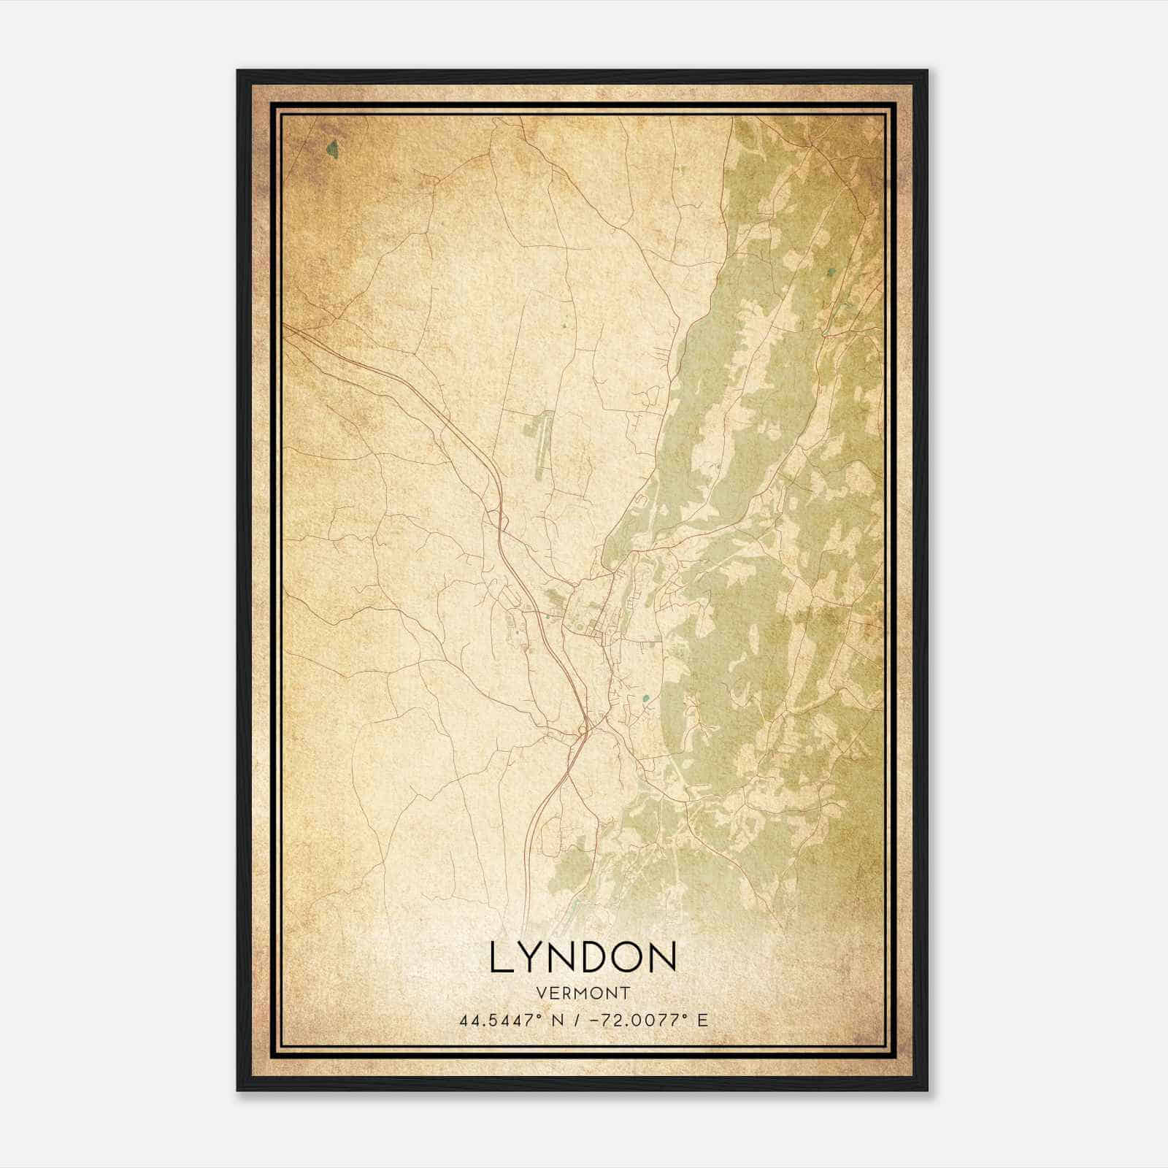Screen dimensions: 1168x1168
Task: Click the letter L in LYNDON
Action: click(502, 958)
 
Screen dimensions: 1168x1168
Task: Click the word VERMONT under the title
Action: click(583, 994)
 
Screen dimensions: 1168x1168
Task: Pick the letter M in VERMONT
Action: click(583, 994)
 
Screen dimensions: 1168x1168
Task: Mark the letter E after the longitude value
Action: click(702, 1021)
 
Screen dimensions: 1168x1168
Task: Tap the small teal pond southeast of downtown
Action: click(645, 699)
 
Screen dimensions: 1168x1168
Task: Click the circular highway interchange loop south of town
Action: click(582, 729)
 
